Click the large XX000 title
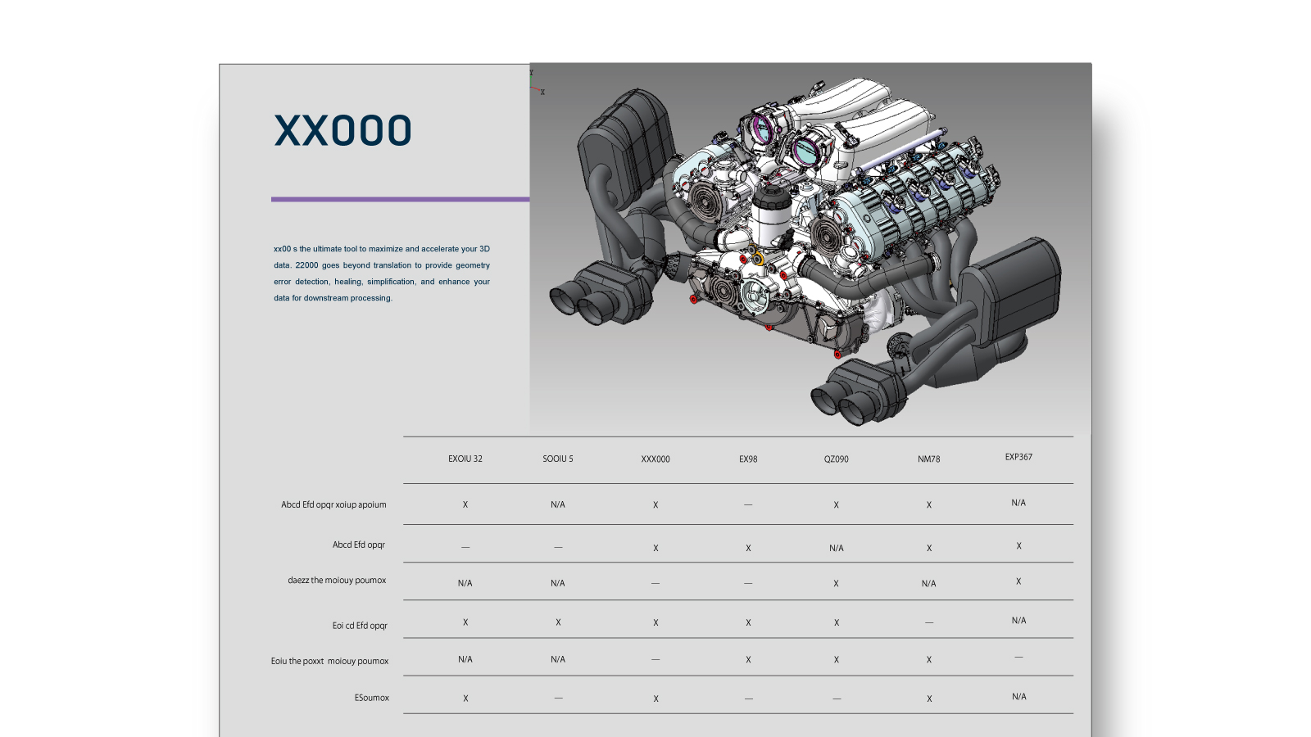coord(343,130)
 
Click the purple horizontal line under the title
coord(401,200)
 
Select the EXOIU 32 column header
coord(465,459)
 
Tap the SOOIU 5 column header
coord(558,459)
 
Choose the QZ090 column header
coord(837,459)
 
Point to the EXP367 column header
coord(1018,457)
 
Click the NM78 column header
coord(929,459)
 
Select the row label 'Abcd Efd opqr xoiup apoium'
coord(333,504)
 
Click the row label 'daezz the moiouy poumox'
coord(337,581)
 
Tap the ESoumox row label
coord(372,698)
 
